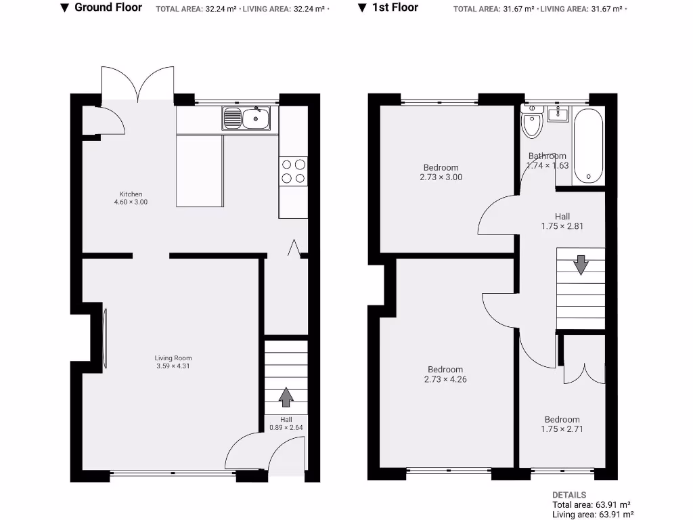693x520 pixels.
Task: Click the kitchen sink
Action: click(x=246, y=118)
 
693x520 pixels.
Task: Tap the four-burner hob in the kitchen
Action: click(x=293, y=171)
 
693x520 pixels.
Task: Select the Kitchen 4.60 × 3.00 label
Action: click(x=131, y=198)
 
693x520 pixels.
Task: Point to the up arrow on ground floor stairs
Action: click(x=286, y=397)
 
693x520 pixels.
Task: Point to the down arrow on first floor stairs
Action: click(x=581, y=264)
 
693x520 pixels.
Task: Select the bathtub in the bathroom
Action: click(x=588, y=146)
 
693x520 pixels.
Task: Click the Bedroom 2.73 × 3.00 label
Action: click(x=441, y=172)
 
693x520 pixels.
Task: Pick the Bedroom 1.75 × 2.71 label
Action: click(x=562, y=424)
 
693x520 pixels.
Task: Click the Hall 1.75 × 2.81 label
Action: click(x=562, y=221)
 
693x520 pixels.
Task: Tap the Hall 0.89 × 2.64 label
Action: click(x=286, y=423)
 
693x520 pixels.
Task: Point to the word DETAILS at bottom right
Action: click(x=569, y=495)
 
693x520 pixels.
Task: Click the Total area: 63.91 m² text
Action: click(x=591, y=505)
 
